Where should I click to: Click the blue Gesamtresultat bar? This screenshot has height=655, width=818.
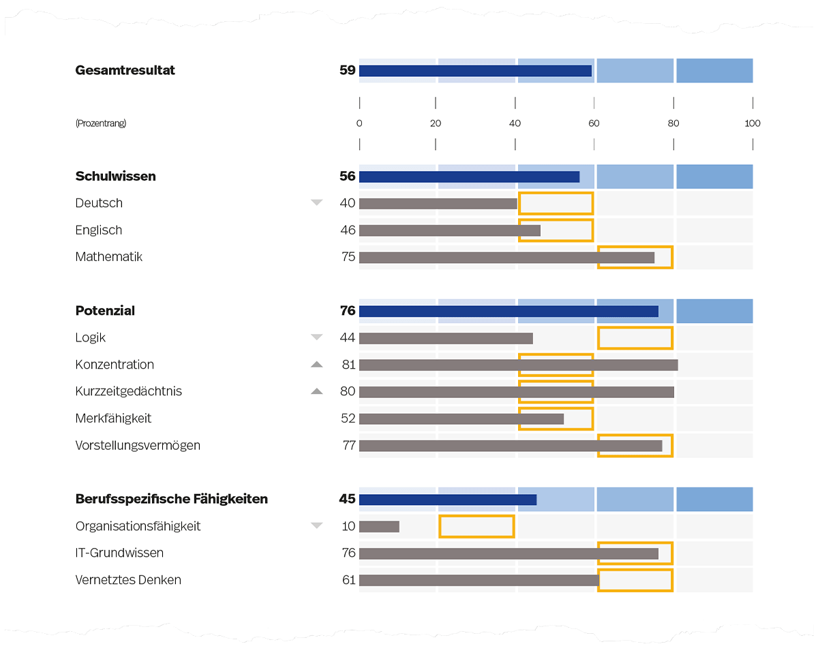(475, 71)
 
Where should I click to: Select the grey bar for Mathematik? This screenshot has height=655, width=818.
(506, 258)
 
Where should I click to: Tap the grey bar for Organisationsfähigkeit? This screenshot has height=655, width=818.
(379, 526)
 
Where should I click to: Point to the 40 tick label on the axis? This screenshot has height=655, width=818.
(515, 123)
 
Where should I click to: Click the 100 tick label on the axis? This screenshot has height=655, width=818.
(752, 123)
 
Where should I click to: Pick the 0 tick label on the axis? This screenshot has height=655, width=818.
(359, 123)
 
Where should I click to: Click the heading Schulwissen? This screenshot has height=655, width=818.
(115, 176)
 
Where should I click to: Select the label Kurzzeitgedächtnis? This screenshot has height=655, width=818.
(129, 391)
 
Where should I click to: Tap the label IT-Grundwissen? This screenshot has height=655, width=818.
(119, 553)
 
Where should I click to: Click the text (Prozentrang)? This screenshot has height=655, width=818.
(101, 123)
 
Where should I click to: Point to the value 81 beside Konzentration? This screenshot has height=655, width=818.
(349, 365)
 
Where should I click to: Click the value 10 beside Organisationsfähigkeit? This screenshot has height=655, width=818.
(349, 526)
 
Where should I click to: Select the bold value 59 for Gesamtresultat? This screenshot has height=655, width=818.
(348, 70)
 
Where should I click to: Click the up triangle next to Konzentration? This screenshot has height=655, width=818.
(316, 365)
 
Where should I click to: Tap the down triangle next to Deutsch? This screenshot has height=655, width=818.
(316, 202)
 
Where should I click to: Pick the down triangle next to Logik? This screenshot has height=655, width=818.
(316, 337)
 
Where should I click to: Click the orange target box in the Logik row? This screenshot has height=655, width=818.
(635, 338)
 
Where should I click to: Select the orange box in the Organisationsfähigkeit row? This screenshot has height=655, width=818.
(476, 526)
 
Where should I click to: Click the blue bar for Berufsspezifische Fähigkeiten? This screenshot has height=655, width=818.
(448, 500)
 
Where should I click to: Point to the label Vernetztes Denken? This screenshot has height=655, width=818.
(128, 580)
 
